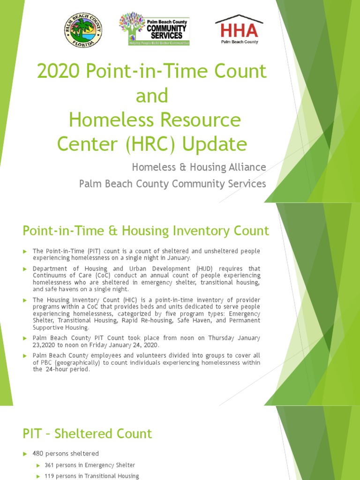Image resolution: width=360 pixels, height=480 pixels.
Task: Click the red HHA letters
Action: [239, 30]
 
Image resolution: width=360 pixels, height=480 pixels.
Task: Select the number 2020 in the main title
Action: [59, 72]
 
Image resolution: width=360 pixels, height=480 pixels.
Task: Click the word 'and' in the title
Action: [151, 96]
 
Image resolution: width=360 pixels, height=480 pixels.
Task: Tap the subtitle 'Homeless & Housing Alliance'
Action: [199, 167]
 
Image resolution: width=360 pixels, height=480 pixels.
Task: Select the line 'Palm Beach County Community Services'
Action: [172, 184]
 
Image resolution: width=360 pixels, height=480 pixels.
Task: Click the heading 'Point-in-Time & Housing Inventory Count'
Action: [146, 231]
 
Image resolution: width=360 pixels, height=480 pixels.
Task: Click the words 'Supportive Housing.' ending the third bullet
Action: [60, 327]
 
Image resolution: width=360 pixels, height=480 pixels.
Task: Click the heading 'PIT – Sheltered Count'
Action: [87, 434]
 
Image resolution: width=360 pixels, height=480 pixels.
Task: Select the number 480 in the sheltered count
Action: [38, 454]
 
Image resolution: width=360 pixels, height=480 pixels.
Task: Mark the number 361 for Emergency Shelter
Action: [50, 465]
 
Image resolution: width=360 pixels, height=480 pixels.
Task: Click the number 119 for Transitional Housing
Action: [50, 476]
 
